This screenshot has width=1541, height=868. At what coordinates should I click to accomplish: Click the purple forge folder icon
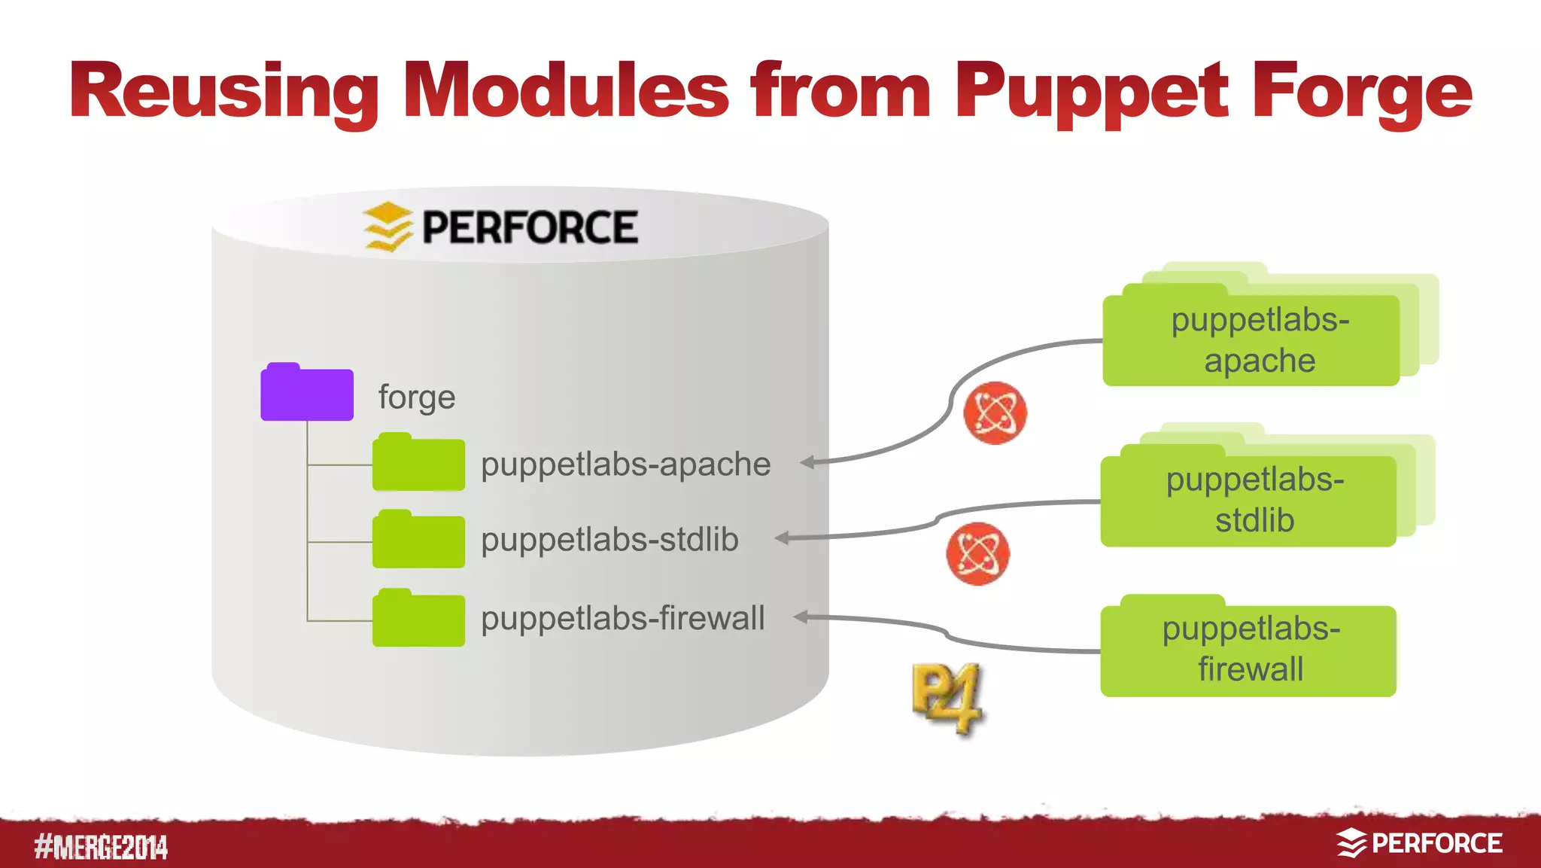307,393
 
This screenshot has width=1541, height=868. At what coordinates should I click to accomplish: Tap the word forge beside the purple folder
417,397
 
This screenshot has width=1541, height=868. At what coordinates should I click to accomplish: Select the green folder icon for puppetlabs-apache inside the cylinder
418,463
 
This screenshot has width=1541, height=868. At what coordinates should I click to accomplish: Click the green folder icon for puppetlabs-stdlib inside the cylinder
418,540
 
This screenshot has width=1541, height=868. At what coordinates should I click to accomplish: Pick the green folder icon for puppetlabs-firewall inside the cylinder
418,619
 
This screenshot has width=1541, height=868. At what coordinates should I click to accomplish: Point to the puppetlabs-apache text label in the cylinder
625,464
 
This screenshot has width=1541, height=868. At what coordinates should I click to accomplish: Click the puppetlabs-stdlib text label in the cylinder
609,540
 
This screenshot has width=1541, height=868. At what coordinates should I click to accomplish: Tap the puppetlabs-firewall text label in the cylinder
622,618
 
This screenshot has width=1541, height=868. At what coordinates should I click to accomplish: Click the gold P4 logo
947,698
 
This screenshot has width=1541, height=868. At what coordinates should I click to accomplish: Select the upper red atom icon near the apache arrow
995,413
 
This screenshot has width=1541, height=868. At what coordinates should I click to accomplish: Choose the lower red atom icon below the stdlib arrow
977,553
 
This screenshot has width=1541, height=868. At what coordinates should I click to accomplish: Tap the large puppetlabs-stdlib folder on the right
1248,500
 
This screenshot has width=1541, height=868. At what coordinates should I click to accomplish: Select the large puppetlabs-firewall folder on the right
1248,649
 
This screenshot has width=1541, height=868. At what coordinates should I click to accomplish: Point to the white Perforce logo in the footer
1419,843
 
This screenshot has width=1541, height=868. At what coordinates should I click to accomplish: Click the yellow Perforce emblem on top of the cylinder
388,226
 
